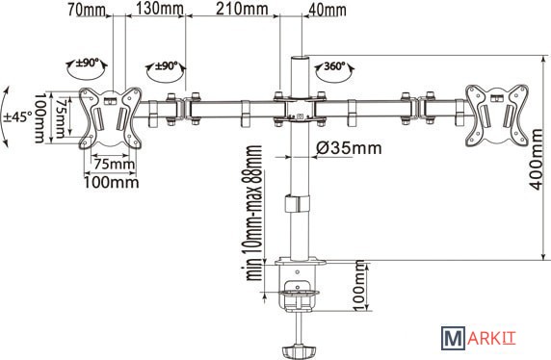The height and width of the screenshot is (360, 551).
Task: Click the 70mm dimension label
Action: (87, 10)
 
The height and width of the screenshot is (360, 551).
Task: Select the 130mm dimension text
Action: (160, 9)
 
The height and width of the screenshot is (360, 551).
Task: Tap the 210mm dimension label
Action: (242, 9)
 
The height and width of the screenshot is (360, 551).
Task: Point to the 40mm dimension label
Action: (327, 11)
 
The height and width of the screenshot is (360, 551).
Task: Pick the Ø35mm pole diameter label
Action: (349, 148)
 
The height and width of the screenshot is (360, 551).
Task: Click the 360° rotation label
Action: (334, 65)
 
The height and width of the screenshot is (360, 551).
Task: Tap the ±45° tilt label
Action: (17, 116)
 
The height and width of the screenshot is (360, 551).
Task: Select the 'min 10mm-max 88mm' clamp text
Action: (254, 213)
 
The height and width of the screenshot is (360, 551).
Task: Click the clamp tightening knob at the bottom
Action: (299, 351)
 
